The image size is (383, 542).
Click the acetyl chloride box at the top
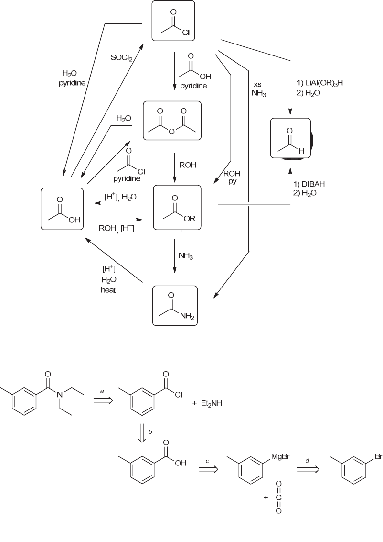tap(173, 22)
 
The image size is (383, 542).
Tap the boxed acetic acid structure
tap(62, 209)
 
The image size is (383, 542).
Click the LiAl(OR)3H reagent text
tap(320, 83)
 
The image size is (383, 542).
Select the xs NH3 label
tap(258, 88)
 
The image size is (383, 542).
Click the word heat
tap(108, 290)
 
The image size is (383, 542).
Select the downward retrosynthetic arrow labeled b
tap(142, 433)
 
